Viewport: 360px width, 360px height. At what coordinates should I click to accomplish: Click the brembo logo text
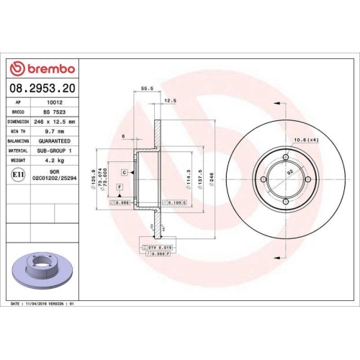[x=47, y=68]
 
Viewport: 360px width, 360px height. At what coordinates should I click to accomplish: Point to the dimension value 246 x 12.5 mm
[x=58, y=122]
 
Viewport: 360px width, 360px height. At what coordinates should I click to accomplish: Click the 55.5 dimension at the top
[x=148, y=89]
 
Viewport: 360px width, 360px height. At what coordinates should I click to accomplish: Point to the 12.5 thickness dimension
[x=171, y=100]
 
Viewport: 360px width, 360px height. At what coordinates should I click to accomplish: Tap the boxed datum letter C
[x=124, y=173]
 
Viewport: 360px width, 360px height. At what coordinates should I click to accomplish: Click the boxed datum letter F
[x=119, y=187]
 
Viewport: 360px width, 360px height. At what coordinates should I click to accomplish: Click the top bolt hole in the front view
[x=287, y=157]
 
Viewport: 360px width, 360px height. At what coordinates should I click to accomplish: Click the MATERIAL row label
[x=17, y=151]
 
